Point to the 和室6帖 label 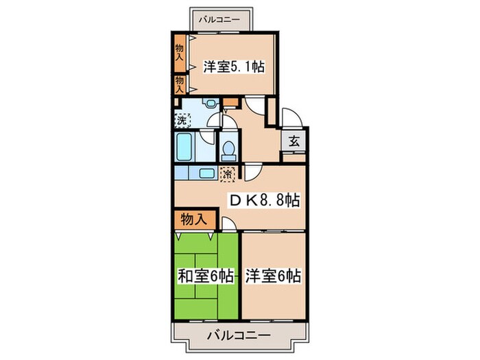206,276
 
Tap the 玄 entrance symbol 293,141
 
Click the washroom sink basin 211,105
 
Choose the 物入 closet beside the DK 194,220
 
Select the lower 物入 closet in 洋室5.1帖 179,84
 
